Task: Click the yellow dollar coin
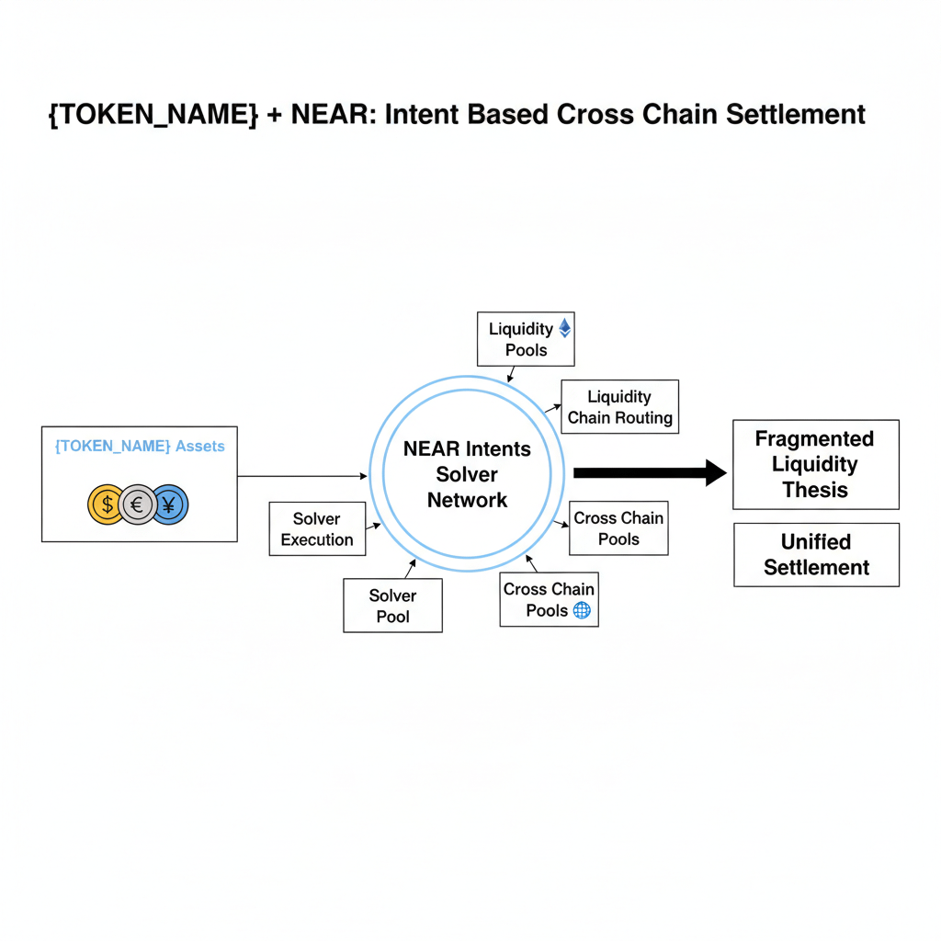(107, 505)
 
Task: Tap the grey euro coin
(138, 505)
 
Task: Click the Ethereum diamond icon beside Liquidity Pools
(565, 328)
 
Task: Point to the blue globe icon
(582, 610)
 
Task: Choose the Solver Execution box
(317, 529)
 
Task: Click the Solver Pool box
(392, 606)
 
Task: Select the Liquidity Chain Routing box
(619, 407)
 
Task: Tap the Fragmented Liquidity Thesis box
(815, 464)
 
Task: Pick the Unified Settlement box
(816, 555)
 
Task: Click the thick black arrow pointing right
(649, 472)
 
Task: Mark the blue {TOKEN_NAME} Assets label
(140, 446)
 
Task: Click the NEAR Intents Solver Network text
(467, 474)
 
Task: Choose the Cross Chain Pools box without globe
(618, 528)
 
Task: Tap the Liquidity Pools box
(526, 339)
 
